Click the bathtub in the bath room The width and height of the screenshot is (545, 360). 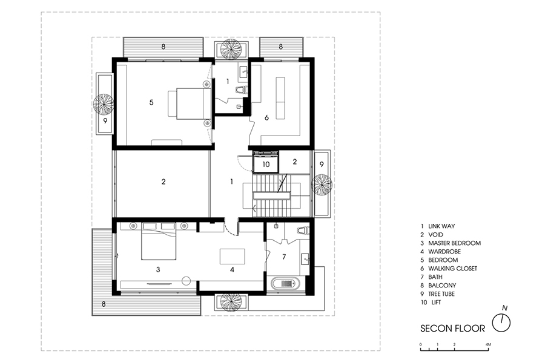coord(285,284)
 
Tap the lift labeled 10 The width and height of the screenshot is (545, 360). coord(266,163)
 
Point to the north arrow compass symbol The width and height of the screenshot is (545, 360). coord(501,322)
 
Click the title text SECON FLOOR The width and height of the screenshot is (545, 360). coord(452,329)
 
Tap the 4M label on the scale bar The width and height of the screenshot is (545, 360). coord(488,344)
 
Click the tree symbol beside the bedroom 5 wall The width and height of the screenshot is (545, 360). coord(103,104)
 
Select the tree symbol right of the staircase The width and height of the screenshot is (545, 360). coord(322,185)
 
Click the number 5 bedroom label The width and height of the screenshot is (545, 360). coord(151,102)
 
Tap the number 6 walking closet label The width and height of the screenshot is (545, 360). coord(266,118)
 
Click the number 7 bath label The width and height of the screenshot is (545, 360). coord(284,257)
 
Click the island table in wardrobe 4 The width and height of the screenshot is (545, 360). coord(232,257)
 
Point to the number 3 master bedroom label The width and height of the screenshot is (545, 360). coord(158,269)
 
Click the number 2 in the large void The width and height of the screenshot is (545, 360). coord(163,182)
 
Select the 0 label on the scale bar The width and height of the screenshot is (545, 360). coord(421,344)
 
